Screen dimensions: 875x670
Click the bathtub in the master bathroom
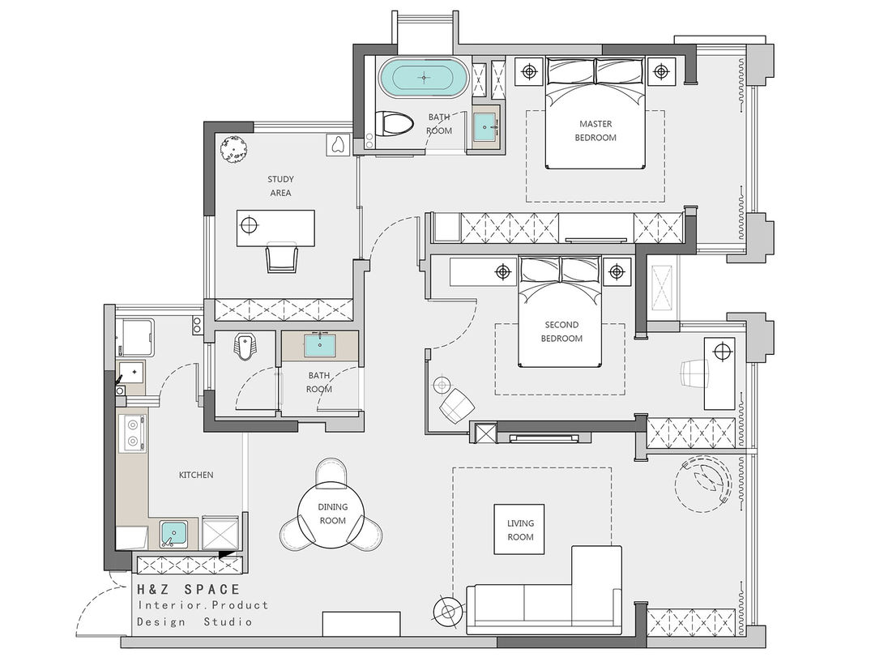(x=424, y=77)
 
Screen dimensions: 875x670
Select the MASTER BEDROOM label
(x=595, y=130)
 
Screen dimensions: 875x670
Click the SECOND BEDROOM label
(x=561, y=331)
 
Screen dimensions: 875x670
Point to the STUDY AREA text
(x=280, y=186)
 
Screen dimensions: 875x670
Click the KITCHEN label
(x=196, y=476)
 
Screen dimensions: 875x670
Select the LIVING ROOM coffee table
(x=519, y=529)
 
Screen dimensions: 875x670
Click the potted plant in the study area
(x=234, y=150)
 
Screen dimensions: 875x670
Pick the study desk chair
(x=282, y=257)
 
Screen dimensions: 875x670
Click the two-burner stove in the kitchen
(x=133, y=434)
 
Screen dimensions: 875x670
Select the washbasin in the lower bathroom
(x=320, y=345)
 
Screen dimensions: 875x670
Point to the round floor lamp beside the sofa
(x=447, y=612)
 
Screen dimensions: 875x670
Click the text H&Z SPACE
(x=189, y=589)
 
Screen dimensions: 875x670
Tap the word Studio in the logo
(x=228, y=621)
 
